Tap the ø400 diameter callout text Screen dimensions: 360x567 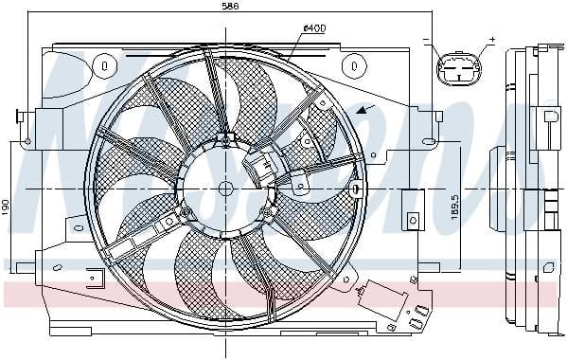(x=314, y=28)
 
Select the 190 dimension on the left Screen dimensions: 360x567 (x=7, y=206)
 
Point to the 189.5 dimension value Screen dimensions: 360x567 (x=456, y=208)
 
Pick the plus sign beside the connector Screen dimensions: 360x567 (x=491, y=41)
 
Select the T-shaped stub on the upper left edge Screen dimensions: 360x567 (x=21, y=117)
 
